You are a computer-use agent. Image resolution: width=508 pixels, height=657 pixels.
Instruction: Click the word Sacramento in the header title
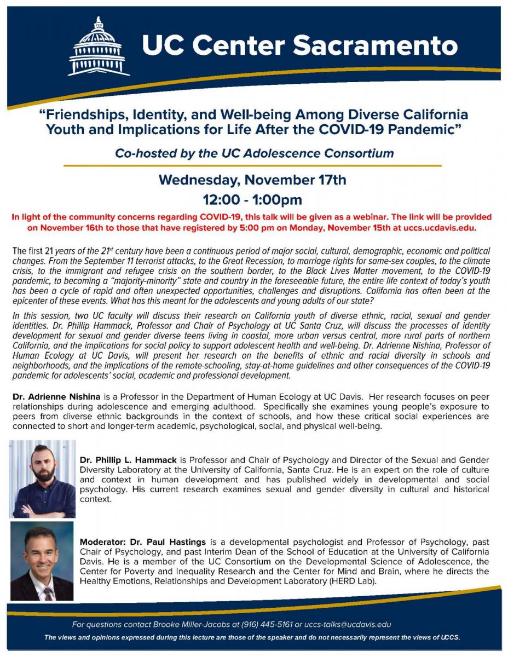pos(375,46)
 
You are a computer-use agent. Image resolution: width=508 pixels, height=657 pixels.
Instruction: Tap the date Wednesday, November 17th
pos(252,180)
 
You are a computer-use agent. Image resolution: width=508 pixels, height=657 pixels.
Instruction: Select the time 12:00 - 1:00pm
pos(252,199)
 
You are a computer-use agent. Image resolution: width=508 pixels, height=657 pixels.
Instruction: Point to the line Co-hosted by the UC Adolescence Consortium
pos(254,153)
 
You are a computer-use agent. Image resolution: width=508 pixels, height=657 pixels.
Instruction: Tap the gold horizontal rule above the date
pos(252,165)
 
